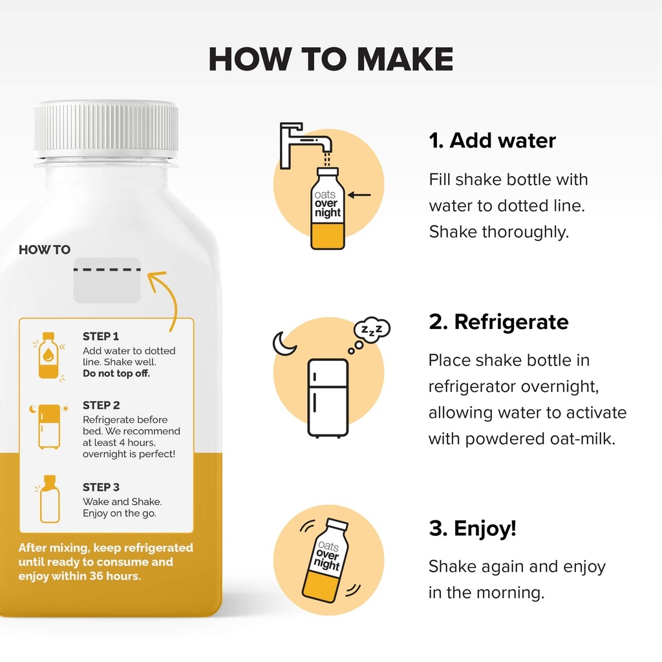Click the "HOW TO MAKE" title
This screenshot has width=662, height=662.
click(x=330, y=59)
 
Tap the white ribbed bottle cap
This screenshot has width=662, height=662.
click(x=107, y=129)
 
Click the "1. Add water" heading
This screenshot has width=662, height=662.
click(x=492, y=140)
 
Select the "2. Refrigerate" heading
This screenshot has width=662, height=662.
click(x=498, y=322)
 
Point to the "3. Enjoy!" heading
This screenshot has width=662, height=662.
click(x=473, y=528)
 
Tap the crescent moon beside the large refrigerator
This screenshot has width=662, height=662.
click(x=283, y=343)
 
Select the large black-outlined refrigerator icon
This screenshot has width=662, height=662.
click(x=328, y=398)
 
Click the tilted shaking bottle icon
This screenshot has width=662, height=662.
click(x=325, y=561)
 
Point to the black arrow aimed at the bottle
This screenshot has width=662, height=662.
click(x=359, y=195)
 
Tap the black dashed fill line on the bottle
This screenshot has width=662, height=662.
click(x=107, y=270)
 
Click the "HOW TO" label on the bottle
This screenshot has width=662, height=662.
click(x=45, y=250)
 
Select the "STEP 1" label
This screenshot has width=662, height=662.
click(x=100, y=336)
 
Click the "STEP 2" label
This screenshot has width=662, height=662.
click(x=101, y=405)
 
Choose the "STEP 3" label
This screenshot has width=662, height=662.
click(x=101, y=487)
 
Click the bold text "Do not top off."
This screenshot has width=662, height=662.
click(x=116, y=374)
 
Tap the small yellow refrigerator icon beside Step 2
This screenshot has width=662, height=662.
click(x=49, y=427)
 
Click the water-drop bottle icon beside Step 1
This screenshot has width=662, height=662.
click(x=48, y=356)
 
